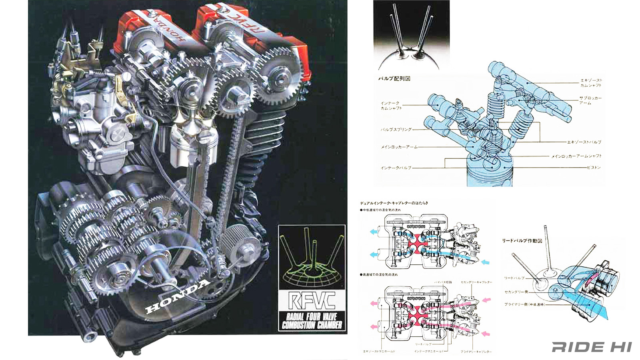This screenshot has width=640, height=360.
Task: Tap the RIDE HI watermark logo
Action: pyautogui.click(x=592, y=347)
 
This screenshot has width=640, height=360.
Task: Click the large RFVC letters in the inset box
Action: pyautogui.click(x=312, y=301)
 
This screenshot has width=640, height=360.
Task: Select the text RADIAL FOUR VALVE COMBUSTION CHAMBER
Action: pyautogui.click(x=312, y=321)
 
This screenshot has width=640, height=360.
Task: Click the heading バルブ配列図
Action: pyautogui.click(x=394, y=78)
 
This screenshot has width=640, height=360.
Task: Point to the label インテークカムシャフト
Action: pyautogui.click(x=391, y=106)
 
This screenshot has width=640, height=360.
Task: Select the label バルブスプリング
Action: pyautogui.click(x=396, y=130)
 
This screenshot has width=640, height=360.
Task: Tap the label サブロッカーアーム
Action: pyautogui.click(x=590, y=100)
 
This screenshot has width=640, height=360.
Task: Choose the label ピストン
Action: pyautogui.click(x=594, y=168)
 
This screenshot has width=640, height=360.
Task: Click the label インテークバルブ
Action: pyautogui.click(x=396, y=168)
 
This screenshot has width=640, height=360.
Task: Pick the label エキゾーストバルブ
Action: pyautogui.click(x=584, y=142)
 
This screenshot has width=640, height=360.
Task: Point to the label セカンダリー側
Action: pyautogui.click(x=516, y=292)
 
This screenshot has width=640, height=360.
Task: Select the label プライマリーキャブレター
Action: pyautogui.click(x=476, y=352)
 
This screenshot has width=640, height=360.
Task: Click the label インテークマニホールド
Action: pyautogui.click(x=429, y=352)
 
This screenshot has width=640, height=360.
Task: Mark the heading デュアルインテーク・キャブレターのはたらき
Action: pyautogui.click(x=394, y=203)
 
